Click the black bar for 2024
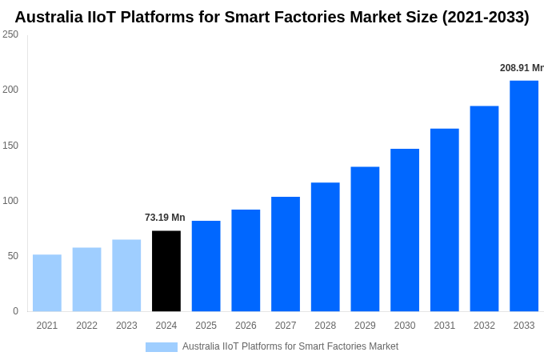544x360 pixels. click(x=166, y=271)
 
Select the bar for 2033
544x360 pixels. click(x=524, y=196)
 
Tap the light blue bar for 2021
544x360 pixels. click(x=47, y=283)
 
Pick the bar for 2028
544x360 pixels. click(x=325, y=247)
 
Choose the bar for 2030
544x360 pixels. click(x=405, y=230)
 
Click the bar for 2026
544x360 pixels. click(x=246, y=261)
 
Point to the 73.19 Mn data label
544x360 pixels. click(x=165, y=218)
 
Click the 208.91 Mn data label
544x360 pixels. click(x=522, y=68)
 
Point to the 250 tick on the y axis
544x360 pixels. click(x=10, y=34)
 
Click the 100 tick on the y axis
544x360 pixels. click(x=10, y=200)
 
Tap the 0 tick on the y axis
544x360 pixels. click(x=15, y=311)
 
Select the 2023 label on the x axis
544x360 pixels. click(x=126, y=326)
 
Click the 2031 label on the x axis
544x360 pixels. click(x=444, y=326)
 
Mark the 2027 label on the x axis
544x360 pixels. click(x=286, y=326)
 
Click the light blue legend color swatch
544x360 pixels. click(x=162, y=346)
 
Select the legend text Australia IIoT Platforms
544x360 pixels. click(x=290, y=346)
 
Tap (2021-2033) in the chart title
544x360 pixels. click(x=486, y=17)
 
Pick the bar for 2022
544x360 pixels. click(x=87, y=280)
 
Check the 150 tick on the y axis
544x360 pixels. click(x=10, y=145)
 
